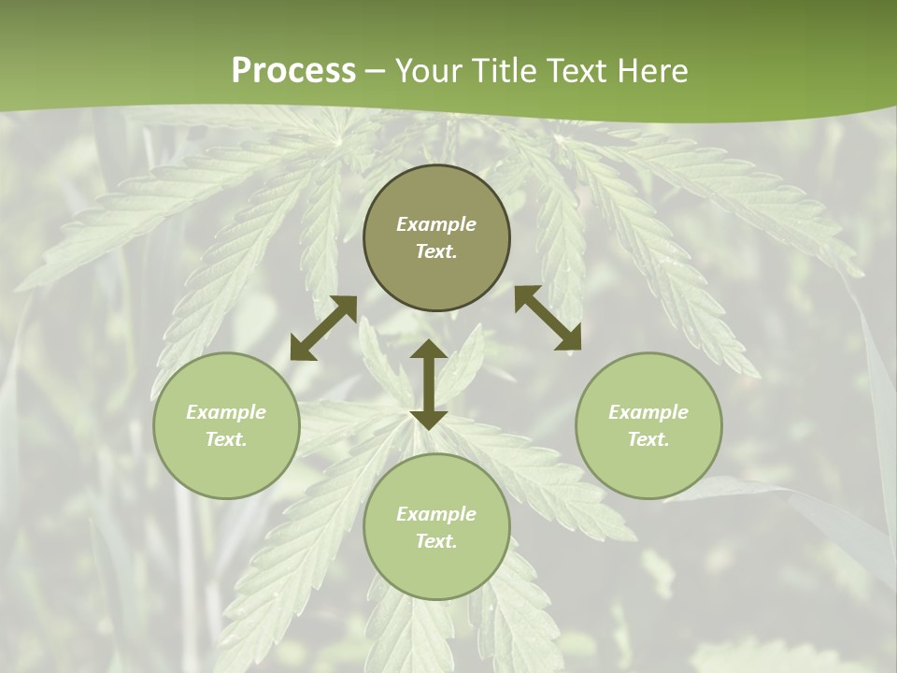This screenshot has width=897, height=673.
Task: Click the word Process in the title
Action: tap(293, 71)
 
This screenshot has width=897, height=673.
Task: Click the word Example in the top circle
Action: tap(436, 224)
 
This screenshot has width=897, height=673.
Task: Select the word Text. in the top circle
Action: tap(436, 251)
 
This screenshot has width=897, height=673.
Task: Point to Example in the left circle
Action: tap(226, 412)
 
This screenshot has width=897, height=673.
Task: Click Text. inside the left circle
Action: tap(226, 439)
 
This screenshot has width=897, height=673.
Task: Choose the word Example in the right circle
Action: tap(648, 412)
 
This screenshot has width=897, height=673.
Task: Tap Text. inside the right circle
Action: tap(648, 439)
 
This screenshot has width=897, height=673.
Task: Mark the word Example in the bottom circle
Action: tap(436, 514)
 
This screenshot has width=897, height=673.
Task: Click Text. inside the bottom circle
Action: tap(436, 541)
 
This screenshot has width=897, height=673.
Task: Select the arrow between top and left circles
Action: tap(323, 328)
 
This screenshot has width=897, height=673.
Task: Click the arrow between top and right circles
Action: tap(548, 319)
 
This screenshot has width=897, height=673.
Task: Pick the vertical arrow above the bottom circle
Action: tap(429, 384)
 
